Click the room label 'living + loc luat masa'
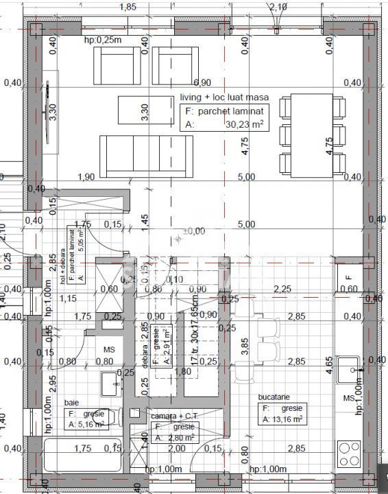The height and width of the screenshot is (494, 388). coord(224,98)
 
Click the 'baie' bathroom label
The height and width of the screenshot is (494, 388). coord(71,401)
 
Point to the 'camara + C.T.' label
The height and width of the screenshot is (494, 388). coord(172,415)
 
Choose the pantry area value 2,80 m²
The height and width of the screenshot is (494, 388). coord(177,438)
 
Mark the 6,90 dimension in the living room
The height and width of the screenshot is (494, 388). coord(202,82)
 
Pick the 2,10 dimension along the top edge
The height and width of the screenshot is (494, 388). coord(278,7)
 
